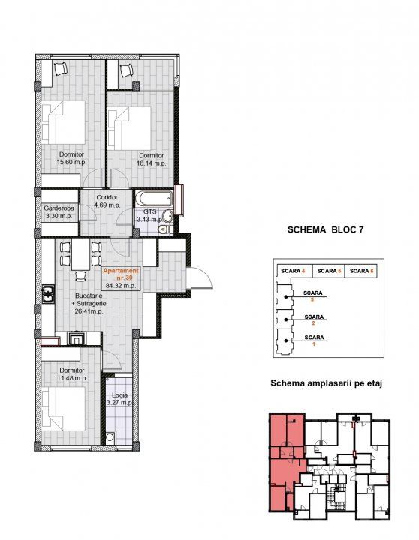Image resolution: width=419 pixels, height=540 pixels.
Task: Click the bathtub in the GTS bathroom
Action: coord(153,199)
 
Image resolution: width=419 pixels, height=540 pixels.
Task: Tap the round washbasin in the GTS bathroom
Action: coord(168,216)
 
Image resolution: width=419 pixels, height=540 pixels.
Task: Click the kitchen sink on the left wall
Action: coord(48,294)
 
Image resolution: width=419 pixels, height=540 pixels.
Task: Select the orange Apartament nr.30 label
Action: coord(121,274)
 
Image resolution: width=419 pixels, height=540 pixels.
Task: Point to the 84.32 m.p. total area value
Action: coord(121,285)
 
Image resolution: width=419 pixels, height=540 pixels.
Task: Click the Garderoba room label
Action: coord(59,208)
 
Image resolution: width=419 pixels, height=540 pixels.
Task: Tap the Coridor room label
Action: coord(107,197)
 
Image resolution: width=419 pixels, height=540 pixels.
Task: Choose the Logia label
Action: coord(119,395)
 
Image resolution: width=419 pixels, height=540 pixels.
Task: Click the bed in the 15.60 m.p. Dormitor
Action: coord(64,122)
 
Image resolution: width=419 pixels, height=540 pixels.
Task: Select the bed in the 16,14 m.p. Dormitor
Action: coord(130,128)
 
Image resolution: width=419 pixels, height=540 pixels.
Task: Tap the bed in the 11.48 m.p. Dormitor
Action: coord(64,409)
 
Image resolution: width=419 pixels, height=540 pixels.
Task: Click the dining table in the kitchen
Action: coord(80,254)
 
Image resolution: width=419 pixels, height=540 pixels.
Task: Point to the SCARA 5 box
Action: coord(329,271)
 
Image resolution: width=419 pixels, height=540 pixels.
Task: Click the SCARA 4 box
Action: coord(294,271)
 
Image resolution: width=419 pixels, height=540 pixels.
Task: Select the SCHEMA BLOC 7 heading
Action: coord(325,229)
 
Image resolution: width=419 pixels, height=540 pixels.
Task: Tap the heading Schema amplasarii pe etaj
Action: coord(326,383)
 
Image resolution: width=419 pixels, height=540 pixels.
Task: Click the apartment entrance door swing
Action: coord(201,277)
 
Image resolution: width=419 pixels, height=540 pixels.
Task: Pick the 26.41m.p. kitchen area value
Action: coord(89,311)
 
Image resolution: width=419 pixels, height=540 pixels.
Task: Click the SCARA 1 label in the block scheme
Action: coord(314,340)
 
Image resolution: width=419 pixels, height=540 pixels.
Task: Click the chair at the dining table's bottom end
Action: coord(80,276)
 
